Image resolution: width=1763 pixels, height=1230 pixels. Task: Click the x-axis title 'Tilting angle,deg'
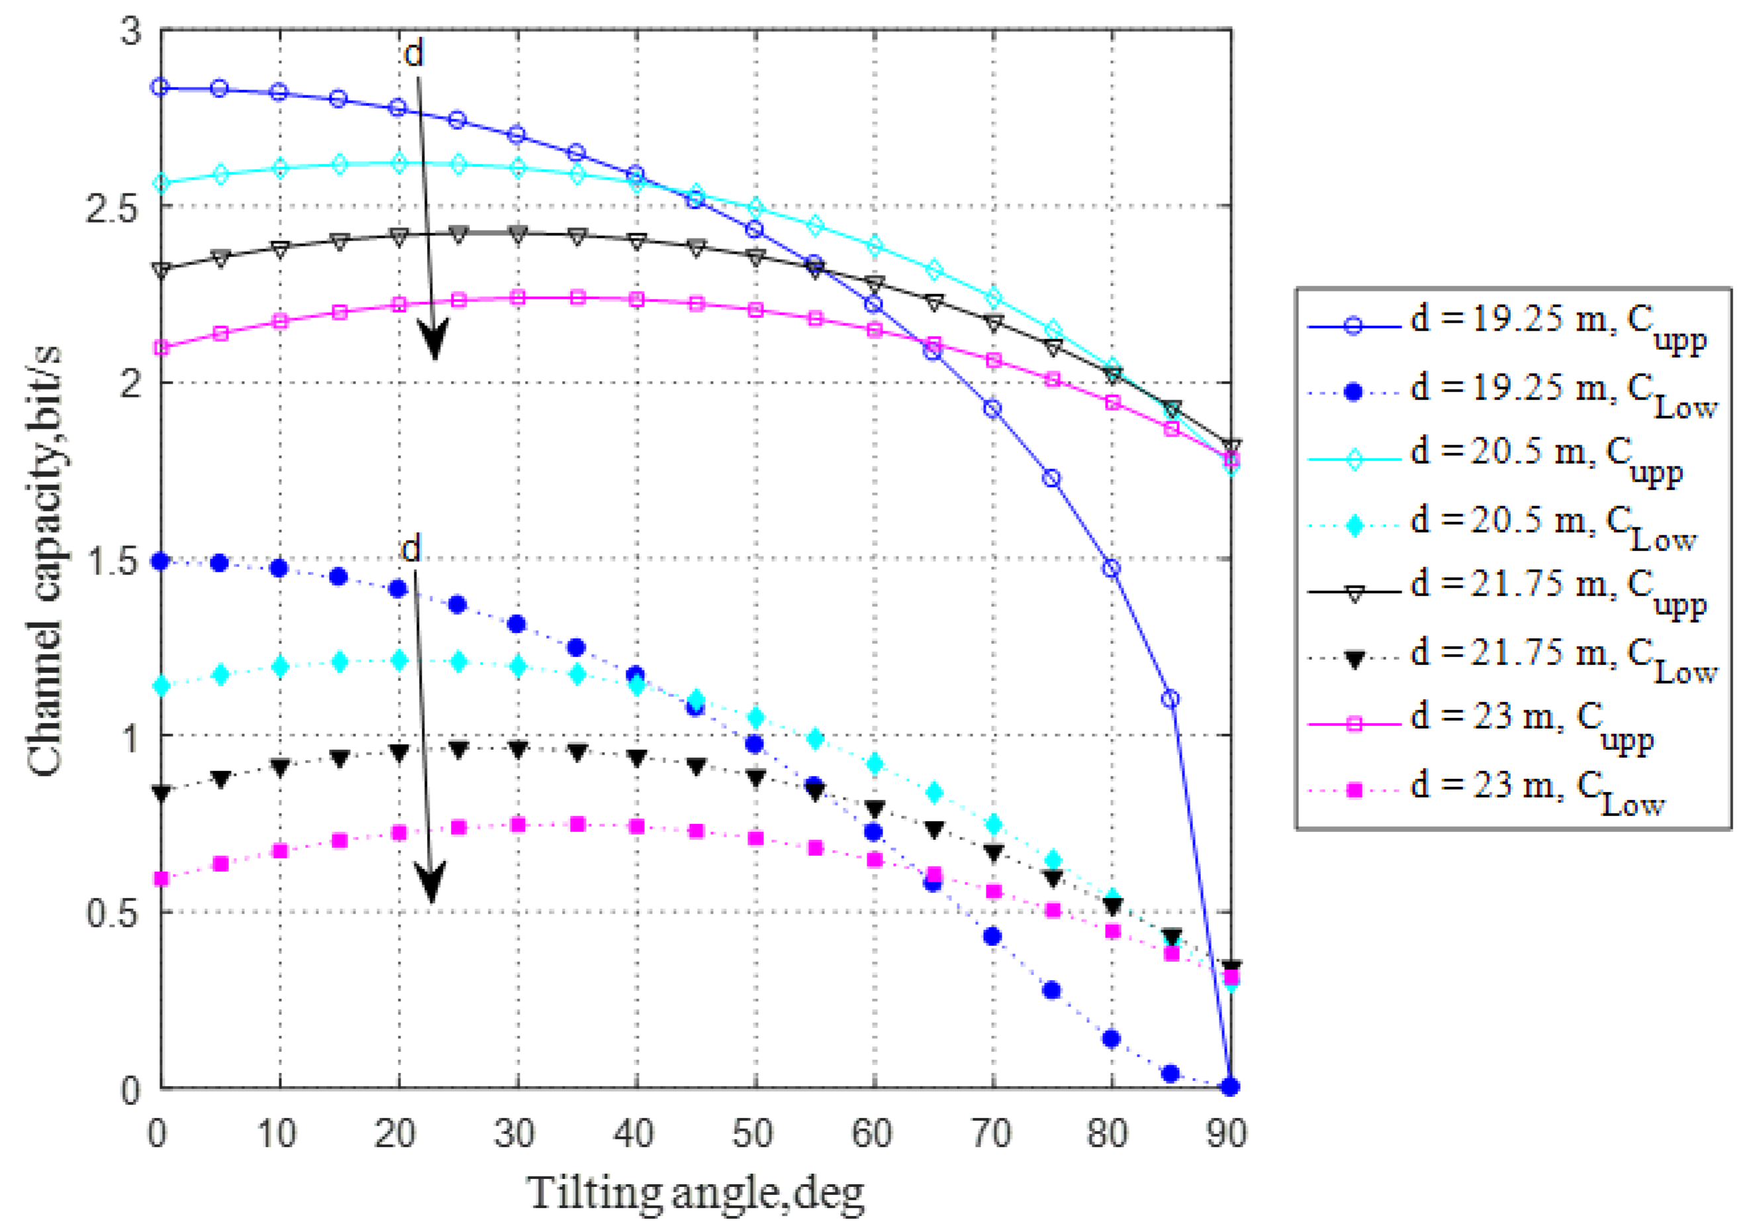coord(695,1193)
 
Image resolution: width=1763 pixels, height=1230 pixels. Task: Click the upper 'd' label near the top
coord(413,54)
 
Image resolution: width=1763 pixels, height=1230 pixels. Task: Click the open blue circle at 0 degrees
coord(160,87)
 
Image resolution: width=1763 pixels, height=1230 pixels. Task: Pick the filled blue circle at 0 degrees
coord(160,561)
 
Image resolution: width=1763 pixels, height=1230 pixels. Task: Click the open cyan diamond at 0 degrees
coord(160,183)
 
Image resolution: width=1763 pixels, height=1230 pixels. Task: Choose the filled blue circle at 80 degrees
coord(1111,1039)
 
